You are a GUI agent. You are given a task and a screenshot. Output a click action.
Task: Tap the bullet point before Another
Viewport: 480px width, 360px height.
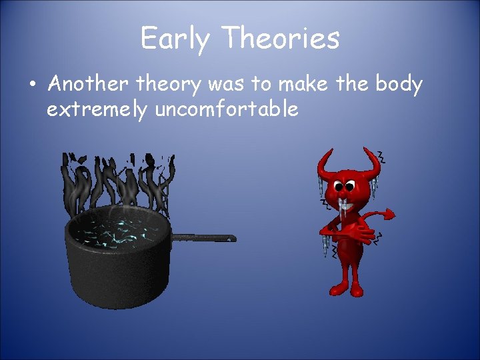(x=32, y=86)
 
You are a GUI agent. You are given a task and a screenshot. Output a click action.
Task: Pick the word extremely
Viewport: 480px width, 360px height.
(x=97, y=109)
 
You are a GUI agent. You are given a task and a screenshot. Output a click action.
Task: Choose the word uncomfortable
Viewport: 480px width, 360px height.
(x=227, y=109)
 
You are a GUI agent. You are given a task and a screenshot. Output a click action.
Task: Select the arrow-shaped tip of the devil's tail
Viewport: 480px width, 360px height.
(x=385, y=215)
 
